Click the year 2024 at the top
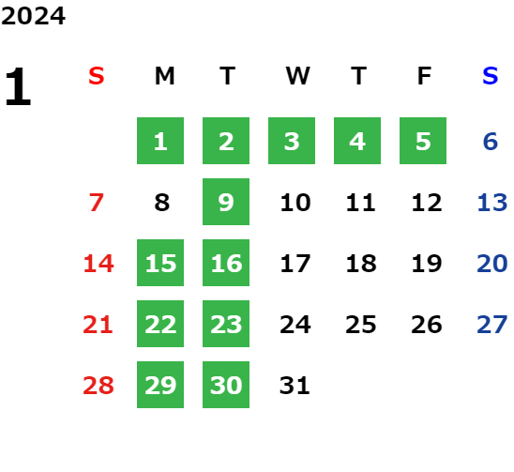coord(33,16)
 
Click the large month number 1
coord(18,86)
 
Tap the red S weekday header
coord(97,76)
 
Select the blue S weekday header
coord(491,76)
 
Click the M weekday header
coord(164,76)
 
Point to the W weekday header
coord(297,76)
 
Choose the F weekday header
coord(425,76)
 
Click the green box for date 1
coord(160,141)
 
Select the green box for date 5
coord(423,141)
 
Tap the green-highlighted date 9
coord(226,202)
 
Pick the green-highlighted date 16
coord(226,263)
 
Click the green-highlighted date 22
coord(160,324)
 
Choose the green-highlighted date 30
coord(226,385)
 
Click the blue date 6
coord(491,142)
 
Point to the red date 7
coord(97,203)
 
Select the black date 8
coord(162,203)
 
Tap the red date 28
coord(98,385)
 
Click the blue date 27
coord(492,325)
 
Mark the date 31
coord(295,385)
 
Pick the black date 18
coord(361,264)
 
